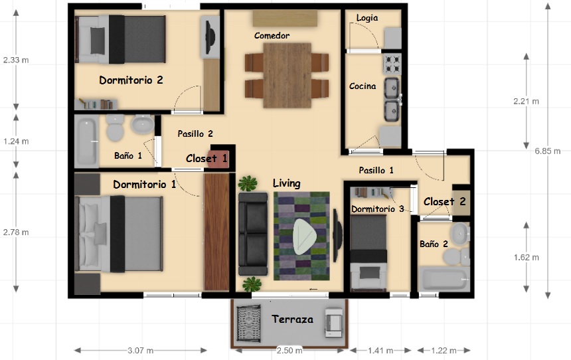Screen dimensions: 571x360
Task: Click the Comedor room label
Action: pyautogui.click(x=272, y=35)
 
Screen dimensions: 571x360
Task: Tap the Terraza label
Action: pyautogui.click(x=292, y=319)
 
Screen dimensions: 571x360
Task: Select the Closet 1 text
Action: pyautogui.click(x=206, y=159)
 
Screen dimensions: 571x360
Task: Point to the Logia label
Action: pyautogui.click(x=367, y=18)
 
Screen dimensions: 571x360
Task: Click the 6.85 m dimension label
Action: pyautogui.click(x=547, y=151)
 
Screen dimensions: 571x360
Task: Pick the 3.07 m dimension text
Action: pyautogui.click(x=140, y=351)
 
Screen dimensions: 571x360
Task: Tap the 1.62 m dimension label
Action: pyautogui.click(x=527, y=257)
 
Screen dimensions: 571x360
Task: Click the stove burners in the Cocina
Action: pyautogui.click(x=392, y=64)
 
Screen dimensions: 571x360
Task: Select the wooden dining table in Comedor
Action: pyautogui.click(x=287, y=76)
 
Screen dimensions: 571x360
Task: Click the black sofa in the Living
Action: pyautogui.click(x=253, y=234)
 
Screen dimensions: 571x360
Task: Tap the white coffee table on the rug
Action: pyautogui.click(x=305, y=236)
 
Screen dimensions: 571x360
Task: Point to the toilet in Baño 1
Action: pyautogui.click(x=116, y=128)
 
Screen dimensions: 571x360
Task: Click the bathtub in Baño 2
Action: pyautogui.click(x=444, y=279)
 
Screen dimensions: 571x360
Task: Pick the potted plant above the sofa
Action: pyautogui.click(x=248, y=183)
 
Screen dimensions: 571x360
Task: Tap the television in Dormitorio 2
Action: pyautogui.click(x=210, y=37)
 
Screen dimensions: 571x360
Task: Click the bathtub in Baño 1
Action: pyautogui.click(x=87, y=141)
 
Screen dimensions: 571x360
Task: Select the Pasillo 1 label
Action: pyautogui.click(x=376, y=170)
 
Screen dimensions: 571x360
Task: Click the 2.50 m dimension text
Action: pyautogui.click(x=289, y=351)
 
